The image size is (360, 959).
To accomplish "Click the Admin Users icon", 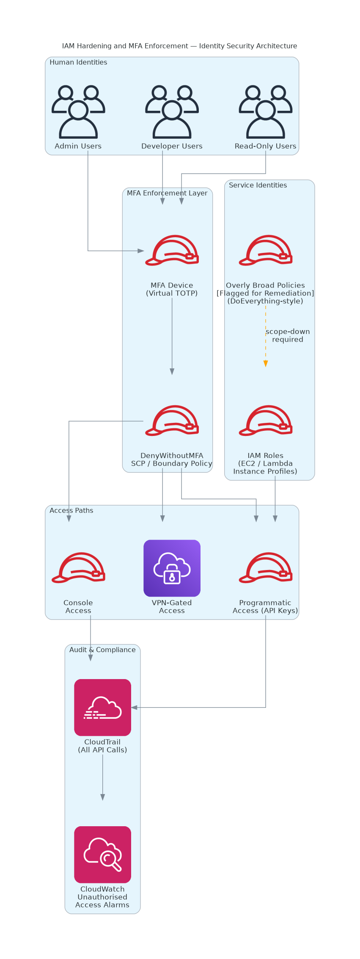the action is tap(78, 112).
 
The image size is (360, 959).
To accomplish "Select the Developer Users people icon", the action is tap(172, 112).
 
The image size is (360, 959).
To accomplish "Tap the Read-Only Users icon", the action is tap(266, 112).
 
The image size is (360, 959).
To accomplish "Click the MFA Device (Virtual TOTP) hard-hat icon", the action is tap(172, 250).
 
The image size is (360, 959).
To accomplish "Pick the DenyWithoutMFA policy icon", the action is tap(172, 420).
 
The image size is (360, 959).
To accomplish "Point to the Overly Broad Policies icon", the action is tap(266, 250).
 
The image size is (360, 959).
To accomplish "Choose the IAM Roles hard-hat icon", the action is tap(266, 420).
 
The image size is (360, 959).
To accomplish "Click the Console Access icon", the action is tap(78, 567).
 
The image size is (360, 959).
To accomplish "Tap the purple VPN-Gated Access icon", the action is tap(172, 568).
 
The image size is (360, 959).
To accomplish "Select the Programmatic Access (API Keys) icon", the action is tap(266, 567).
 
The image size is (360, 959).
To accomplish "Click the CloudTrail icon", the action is tap(102, 707).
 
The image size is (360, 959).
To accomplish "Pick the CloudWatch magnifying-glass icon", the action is tap(102, 855).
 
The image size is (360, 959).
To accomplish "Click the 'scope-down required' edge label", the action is tap(288, 335).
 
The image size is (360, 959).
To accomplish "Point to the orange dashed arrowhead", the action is tap(266, 364).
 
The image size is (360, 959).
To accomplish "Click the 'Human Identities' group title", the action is tap(78, 62).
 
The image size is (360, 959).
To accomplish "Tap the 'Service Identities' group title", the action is tap(258, 185).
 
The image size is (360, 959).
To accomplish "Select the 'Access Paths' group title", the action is tap(71, 510).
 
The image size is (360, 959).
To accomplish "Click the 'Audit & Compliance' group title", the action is tap(102, 649).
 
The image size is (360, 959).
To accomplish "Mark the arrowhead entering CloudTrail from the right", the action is tap(134, 707).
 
